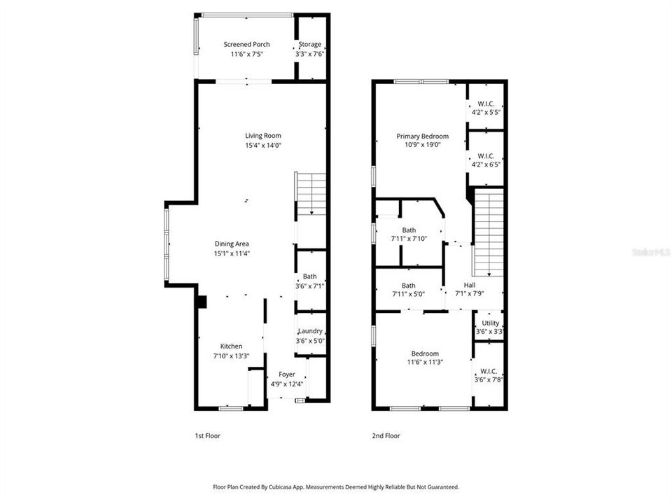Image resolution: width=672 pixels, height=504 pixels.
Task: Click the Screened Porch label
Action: click(x=246, y=44)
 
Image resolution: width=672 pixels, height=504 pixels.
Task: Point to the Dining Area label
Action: click(x=232, y=244)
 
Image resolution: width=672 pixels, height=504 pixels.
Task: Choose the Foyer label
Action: click(x=287, y=374)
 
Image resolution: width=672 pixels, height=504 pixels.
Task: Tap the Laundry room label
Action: click(x=309, y=331)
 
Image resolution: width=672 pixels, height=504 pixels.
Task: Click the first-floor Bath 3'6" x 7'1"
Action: click(x=309, y=281)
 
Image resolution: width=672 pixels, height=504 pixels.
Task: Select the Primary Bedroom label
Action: click(x=422, y=136)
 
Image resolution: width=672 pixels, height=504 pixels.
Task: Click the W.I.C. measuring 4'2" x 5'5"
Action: click(x=486, y=107)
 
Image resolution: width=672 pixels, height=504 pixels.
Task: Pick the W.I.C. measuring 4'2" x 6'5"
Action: click(x=486, y=160)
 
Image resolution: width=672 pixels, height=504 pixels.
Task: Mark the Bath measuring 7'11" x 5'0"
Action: click(x=409, y=290)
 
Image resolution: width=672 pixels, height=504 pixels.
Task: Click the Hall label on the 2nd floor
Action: click(x=470, y=285)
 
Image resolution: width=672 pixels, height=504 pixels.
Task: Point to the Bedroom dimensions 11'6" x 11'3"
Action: click(x=425, y=362)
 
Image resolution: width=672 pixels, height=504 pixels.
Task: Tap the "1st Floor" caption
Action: click(x=207, y=436)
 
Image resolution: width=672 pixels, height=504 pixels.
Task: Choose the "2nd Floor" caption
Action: click(x=386, y=436)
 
